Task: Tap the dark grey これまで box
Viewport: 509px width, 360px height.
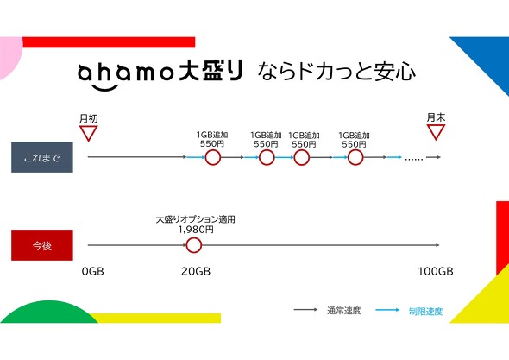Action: tap(42, 157)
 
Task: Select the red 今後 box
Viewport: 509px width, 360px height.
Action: tap(42, 245)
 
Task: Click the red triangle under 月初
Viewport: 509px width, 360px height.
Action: tap(88, 133)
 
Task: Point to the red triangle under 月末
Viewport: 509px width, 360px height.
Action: tap(436, 132)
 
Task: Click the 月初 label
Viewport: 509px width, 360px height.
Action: tap(89, 118)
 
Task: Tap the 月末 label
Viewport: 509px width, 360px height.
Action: tap(436, 117)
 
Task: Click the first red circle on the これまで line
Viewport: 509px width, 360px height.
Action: tap(213, 158)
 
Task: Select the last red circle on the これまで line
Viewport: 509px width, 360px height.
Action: tap(355, 158)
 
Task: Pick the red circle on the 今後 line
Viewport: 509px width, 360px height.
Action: tap(194, 245)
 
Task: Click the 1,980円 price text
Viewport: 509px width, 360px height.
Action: tap(196, 230)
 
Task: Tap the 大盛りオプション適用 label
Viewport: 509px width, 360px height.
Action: tap(196, 219)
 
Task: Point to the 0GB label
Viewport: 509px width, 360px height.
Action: tap(93, 271)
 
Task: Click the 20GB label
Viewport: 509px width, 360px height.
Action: tap(196, 271)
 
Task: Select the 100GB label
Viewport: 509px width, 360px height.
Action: tap(436, 271)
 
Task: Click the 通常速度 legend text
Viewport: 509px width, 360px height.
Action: tap(343, 311)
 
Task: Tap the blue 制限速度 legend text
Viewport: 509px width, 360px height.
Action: tap(425, 312)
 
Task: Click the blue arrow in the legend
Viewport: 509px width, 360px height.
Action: tap(387, 310)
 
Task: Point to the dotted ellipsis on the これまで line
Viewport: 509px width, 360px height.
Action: tap(414, 159)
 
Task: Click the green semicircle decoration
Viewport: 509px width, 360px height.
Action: tap(48, 313)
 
